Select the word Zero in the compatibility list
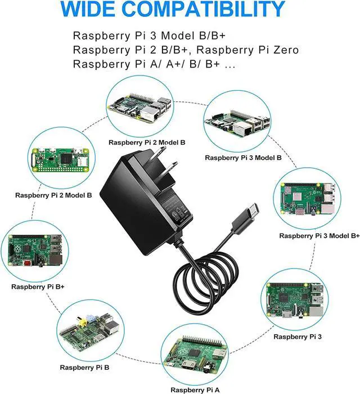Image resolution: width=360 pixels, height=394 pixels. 284,50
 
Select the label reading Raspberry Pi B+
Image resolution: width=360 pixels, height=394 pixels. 38,286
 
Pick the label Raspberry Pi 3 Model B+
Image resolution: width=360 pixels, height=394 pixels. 319,235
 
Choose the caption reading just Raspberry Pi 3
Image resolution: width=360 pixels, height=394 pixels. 298,337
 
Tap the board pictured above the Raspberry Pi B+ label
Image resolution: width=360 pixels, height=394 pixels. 37,250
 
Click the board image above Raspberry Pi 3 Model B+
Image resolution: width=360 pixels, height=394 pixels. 309,200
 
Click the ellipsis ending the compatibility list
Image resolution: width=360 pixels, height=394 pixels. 229,65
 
